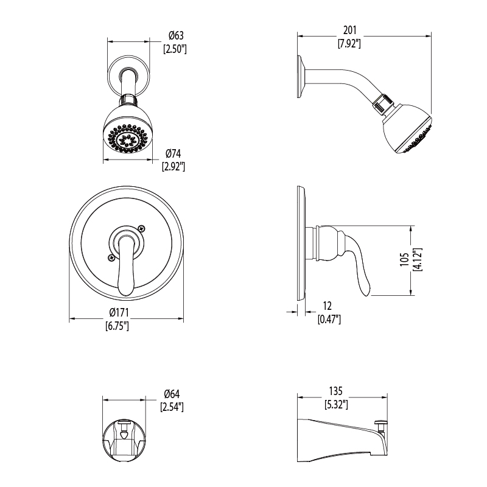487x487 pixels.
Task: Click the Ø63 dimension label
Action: point(176,35)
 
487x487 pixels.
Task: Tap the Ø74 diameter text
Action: point(173,153)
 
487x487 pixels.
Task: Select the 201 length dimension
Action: point(349,30)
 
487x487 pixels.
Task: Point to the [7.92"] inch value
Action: point(349,43)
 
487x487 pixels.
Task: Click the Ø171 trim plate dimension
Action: point(119,312)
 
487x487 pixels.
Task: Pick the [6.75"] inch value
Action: point(117,326)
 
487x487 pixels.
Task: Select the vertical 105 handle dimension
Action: point(404,259)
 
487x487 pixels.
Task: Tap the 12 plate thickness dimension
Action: point(328,306)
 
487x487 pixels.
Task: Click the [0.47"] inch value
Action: point(329,319)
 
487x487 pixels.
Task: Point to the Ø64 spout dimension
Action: point(172,394)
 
